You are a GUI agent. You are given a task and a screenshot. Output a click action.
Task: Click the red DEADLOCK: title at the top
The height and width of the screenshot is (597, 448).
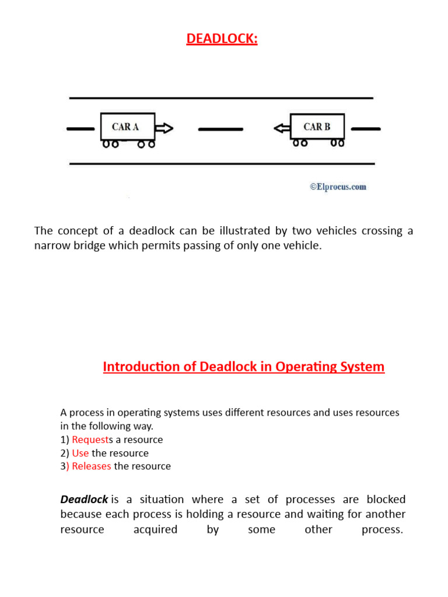(x=222, y=38)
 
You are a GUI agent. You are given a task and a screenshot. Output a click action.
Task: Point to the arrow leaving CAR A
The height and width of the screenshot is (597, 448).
(x=164, y=128)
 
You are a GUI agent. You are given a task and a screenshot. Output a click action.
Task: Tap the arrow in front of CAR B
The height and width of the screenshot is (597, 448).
(x=282, y=128)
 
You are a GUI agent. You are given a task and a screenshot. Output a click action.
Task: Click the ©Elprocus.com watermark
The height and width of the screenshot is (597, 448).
(x=338, y=187)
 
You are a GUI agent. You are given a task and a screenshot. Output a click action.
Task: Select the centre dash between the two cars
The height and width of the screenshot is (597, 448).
(x=220, y=128)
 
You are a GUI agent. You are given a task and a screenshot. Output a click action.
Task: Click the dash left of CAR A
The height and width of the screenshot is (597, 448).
(x=80, y=128)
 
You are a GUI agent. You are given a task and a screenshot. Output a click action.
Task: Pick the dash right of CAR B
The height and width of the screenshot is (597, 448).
(x=367, y=128)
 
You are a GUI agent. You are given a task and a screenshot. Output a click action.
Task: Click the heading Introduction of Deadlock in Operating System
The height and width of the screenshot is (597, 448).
(x=244, y=367)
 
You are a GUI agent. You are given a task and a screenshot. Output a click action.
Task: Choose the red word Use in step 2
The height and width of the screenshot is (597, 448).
(x=80, y=453)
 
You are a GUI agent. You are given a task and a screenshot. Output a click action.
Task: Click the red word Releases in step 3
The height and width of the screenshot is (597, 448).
(x=92, y=466)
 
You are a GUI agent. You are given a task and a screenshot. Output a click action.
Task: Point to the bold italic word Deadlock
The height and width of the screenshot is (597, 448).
(x=84, y=500)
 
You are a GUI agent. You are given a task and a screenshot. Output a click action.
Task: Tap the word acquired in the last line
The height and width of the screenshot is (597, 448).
(x=155, y=530)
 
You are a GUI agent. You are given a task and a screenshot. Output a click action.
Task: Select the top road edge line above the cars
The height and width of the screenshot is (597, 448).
(x=221, y=97)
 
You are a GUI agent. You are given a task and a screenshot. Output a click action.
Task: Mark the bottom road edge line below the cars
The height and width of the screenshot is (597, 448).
(x=221, y=164)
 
